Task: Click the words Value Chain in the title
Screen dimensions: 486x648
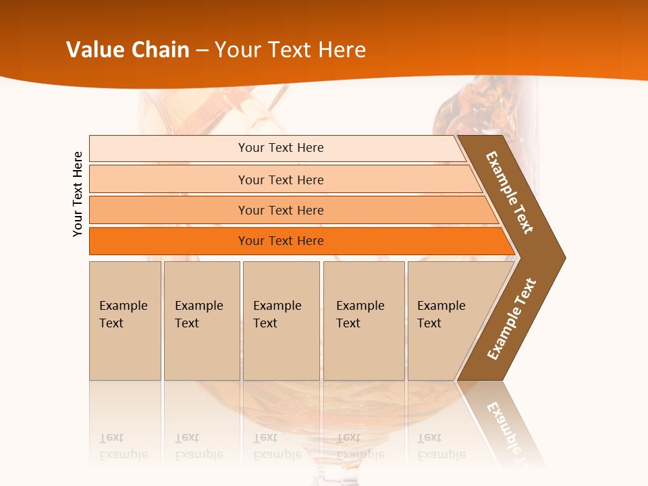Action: (x=128, y=50)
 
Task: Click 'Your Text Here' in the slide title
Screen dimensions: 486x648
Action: (x=290, y=50)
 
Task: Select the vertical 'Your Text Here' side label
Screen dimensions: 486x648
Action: (x=78, y=194)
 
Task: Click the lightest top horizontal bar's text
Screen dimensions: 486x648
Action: (x=281, y=148)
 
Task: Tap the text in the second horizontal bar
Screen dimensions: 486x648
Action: (x=281, y=180)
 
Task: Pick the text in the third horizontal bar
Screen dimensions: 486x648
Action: (x=281, y=211)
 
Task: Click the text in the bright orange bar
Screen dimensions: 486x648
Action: (x=281, y=241)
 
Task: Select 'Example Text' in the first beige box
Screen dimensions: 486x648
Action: (x=123, y=315)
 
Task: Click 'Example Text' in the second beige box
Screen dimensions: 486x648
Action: (x=198, y=315)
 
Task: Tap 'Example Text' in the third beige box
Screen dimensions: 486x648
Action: (x=277, y=315)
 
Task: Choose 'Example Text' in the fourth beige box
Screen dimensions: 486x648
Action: (x=360, y=315)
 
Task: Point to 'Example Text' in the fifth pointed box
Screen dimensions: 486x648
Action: (x=441, y=315)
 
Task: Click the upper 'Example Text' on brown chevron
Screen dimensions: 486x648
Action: (x=510, y=193)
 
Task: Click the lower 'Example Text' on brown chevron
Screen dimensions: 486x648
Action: (x=511, y=319)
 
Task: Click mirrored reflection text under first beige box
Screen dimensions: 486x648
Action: (x=123, y=446)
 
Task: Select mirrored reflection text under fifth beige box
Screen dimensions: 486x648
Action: (x=441, y=446)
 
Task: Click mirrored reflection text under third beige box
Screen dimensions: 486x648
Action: (x=277, y=446)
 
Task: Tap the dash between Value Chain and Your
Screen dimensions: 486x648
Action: (x=202, y=51)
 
